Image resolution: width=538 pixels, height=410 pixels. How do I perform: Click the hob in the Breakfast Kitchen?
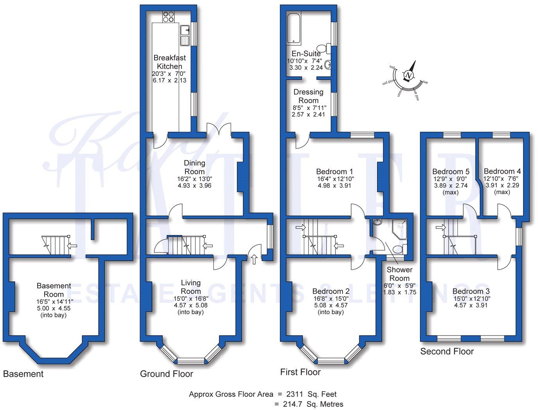pyautogui.click(x=168, y=16)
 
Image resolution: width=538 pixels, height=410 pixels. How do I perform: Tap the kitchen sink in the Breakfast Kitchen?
pyautogui.click(x=185, y=35)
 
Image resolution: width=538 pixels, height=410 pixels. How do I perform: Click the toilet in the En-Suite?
pyautogui.click(x=323, y=48)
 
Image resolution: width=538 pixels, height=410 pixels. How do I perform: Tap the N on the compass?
pyautogui.click(x=409, y=76)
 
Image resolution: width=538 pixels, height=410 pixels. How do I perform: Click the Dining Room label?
pyautogui.click(x=194, y=167)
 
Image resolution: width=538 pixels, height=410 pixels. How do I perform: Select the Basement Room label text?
pyautogui.click(x=54, y=290)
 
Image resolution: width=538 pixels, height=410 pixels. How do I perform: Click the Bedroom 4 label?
pyautogui.click(x=502, y=171)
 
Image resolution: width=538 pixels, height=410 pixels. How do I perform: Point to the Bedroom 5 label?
pyautogui.click(x=451, y=171)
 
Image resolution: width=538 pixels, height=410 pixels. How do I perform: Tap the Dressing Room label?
pyautogui.click(x=308, y=96)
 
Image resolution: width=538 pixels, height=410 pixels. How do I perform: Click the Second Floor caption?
pyautogui.click(x=447, y=351)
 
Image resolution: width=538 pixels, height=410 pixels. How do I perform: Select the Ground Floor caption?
pyautogui.click(x=167, y=374)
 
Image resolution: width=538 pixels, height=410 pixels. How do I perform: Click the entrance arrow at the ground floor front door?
pyautogui.click(x=254, y=259)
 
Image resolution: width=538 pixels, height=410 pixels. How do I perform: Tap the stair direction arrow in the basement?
pyautogui.click(x=72, y=246)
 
